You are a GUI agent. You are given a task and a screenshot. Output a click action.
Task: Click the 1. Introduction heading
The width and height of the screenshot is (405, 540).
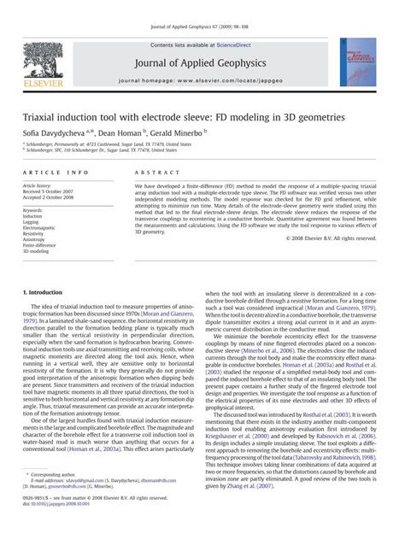(x=48, y=292)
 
